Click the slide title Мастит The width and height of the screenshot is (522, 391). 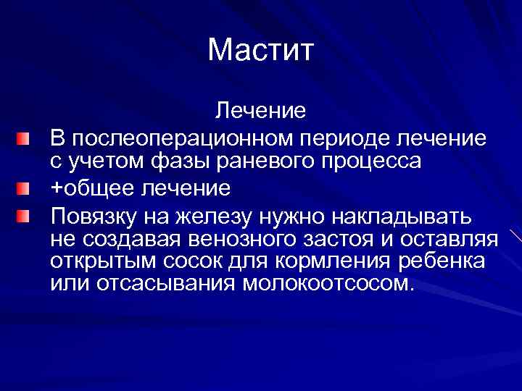pos(260,50)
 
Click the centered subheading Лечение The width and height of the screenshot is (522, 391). pos(260,112)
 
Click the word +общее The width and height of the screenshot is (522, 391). pos(90,188)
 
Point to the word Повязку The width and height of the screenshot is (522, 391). pos(92,216)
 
